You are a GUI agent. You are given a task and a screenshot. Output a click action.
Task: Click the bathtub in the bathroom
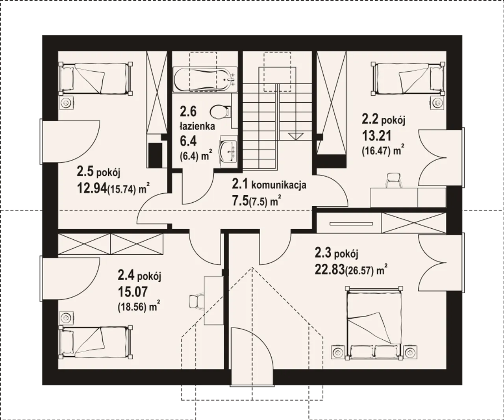pyautogui.click(x=205, y=80)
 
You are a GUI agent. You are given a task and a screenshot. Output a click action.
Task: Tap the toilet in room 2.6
pyautogui.click(x=220, y=112)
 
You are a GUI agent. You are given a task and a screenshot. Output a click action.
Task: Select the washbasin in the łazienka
pyautogui.click(x=228, y=151)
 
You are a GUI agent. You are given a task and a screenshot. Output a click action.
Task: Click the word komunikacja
pyautogui.click(x=279, y=185)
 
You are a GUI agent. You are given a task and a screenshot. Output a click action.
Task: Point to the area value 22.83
pyautogui.click(x=329, y=269)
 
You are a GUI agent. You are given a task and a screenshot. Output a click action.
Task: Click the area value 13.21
pyautogui.click(x=376, y=136)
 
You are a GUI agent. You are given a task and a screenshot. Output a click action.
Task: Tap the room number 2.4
pyautogui.click(x=126, y=276)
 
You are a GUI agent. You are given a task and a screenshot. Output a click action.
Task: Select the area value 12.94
pyautogui.click(x=92, y=188)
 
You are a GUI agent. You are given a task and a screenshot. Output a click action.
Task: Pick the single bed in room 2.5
pyautogui.click(x=96, y=79)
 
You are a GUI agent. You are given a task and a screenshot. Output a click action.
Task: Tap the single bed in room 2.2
pyautogui.click(x=408, y=79)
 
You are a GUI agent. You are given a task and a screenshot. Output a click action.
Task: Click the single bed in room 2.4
pyautogui.click(x=96, y=342)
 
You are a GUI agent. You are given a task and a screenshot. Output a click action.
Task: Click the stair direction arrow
pyautogui.click(x=296, y=136)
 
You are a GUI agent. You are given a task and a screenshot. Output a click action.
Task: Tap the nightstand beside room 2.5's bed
pyautogui.click(x=66, y=103)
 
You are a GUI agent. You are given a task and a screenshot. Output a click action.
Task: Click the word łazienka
pyautogui.click(x=197, y=126)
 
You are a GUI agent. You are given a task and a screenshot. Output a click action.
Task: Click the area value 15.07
pyautogui.click(x=133, y=292)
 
